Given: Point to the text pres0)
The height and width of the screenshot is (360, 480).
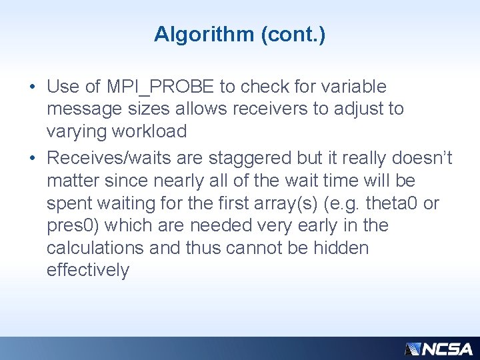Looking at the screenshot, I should pos(74,225).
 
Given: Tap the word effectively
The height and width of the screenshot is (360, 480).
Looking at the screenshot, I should pos(88,271).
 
